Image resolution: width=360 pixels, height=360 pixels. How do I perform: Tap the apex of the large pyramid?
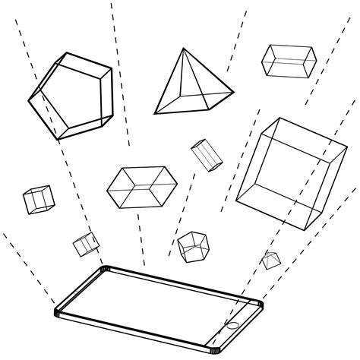click(184, 49)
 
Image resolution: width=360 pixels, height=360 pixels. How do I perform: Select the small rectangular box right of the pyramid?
click(289, 60)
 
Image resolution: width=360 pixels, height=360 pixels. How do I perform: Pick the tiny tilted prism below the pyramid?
click(206, 155)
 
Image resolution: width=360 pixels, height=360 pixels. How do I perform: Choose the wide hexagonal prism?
click(141, 186)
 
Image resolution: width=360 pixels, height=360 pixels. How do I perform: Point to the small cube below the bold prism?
click(38, 199)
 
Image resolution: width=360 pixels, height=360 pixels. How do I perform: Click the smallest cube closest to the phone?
click(86, 244)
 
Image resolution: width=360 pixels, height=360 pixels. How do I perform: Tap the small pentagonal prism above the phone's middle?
click(194, 245)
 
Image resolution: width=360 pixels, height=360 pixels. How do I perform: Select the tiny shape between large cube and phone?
click(270, 260)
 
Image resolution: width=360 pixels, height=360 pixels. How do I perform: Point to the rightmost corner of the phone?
click(263, 303)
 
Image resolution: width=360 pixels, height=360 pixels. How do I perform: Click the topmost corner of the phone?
click(104, 267)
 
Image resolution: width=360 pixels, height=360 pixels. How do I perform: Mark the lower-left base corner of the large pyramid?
click(156, 113)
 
